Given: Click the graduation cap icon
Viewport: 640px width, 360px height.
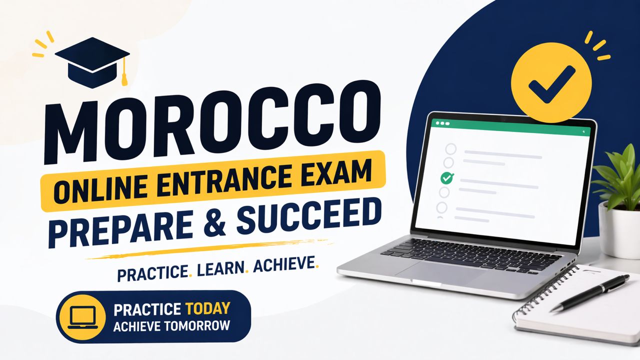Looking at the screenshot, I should (92, 62).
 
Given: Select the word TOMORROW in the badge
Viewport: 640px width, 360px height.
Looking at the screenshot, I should (197, 325).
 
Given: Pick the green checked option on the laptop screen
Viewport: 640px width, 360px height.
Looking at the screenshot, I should (446, 177).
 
